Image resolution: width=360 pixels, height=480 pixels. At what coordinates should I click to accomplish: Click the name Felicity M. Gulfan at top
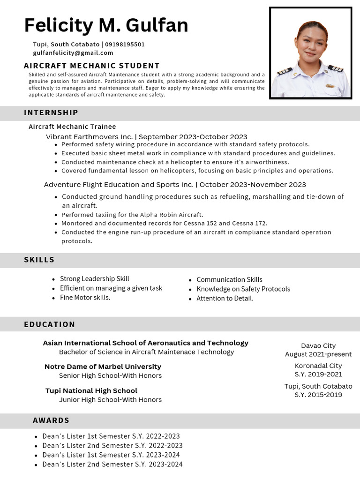(106, 25)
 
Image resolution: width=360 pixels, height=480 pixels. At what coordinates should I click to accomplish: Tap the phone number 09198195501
(125, 45)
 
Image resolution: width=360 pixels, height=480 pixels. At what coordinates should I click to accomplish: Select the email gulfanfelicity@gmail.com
(73, 53)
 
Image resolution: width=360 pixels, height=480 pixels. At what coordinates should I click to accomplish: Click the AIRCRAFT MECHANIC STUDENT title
(91, 66)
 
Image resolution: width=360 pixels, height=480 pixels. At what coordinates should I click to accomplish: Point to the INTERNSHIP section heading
(51, 112)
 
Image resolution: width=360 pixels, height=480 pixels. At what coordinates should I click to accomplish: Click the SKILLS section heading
(39, 260)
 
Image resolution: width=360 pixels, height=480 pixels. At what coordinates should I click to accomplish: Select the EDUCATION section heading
(49, 324)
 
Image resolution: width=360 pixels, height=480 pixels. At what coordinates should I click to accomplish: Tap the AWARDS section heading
(51, 420)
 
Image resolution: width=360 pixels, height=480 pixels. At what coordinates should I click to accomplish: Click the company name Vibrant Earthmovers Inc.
(89, 137)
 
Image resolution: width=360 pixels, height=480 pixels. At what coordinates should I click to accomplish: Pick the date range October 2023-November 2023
(253, 185)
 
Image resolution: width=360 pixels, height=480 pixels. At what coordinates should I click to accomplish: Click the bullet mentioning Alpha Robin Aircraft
(132, 215)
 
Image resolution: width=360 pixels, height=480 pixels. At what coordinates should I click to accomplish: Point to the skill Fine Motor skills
(85, 298)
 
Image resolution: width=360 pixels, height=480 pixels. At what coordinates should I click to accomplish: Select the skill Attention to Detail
(225, 299)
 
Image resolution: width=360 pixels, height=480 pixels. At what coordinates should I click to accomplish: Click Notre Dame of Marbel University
(103, 367)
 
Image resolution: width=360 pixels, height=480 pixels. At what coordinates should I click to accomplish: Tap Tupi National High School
(91, 390)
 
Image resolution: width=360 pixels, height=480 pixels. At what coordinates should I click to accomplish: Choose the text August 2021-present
(318, 354)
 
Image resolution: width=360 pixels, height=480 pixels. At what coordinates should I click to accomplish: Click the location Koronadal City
(318, 366)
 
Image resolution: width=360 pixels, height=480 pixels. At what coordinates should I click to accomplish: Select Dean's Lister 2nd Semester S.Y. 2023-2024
(112, 465)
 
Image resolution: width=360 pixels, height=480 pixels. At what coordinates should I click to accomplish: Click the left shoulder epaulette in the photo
(285, 71)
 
